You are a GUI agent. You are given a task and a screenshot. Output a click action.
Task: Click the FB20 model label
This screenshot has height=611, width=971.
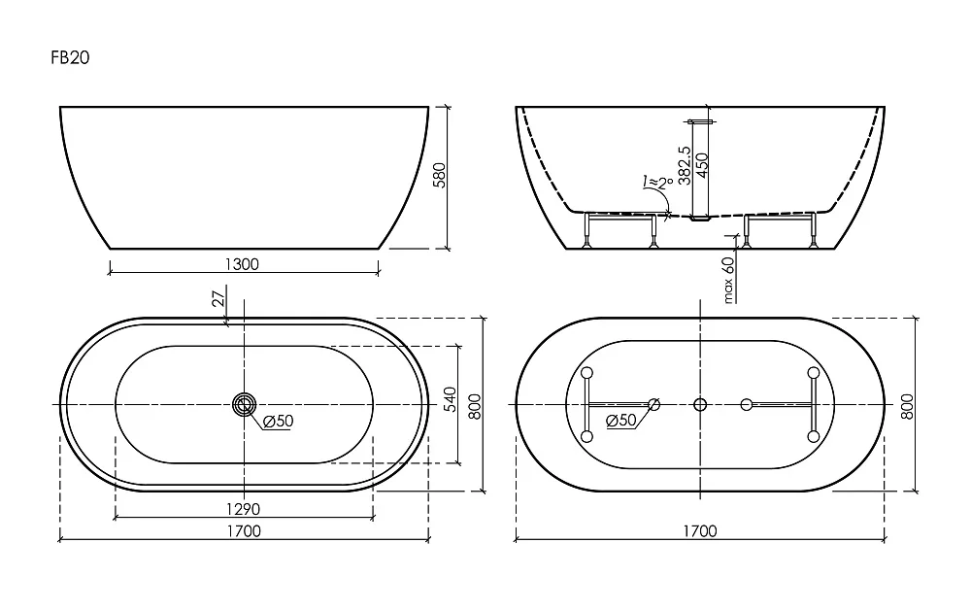pyautogui.click(x=70, y=57)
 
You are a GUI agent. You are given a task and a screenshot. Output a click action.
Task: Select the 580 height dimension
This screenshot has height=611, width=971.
pyautogui.click(x=439, y=176)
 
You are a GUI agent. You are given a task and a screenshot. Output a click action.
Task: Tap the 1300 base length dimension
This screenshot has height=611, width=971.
pyautogui.click(x=242, y=264)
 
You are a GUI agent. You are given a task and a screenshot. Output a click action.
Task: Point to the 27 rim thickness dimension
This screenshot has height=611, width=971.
pyautogui.click(x=218, y=299)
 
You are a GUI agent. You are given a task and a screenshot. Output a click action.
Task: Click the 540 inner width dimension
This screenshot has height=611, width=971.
pyautogui.click(x=451, y=399)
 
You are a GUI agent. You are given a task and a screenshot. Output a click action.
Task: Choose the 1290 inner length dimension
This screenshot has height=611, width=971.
pyautogui.click(x=243, y=509)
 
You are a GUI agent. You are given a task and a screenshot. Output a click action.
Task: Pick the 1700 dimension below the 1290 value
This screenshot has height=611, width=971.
pyautogui.click(x=244, y=531)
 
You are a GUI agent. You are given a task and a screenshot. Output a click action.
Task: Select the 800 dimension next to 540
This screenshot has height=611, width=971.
pyautogui.click(x=475, y=406)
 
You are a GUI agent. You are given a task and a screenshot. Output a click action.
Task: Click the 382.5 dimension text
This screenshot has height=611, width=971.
pyautogui.click(x=685, y=165)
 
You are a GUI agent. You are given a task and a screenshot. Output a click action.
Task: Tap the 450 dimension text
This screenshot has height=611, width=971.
pyautogui.click(x=702, y=165)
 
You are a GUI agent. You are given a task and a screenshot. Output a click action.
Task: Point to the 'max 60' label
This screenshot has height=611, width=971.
pyautogui.click(x=728, y=280)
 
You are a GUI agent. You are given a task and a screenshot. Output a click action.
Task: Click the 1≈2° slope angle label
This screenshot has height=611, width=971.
pyautogui.click(x=658, y=182)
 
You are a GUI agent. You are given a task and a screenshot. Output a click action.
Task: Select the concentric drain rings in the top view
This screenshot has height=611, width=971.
pyautogui.click(x=244, y=405)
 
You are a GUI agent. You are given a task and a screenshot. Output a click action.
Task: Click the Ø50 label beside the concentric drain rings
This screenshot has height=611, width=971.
pyautogui.click(x=278, y=422)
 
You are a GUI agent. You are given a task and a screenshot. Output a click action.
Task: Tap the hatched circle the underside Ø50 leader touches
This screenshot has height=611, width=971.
pyautogui.click(x=653, y=405)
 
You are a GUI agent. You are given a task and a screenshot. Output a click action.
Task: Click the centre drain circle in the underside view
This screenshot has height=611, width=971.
pyautogui.click(x=700, y=405)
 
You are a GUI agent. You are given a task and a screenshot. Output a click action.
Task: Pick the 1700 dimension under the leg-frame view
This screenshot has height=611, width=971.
pyautogui.click(x=700, y=531)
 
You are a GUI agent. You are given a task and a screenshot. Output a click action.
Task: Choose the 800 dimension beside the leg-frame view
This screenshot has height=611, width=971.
pyautogui.click(x=907, y=406)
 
